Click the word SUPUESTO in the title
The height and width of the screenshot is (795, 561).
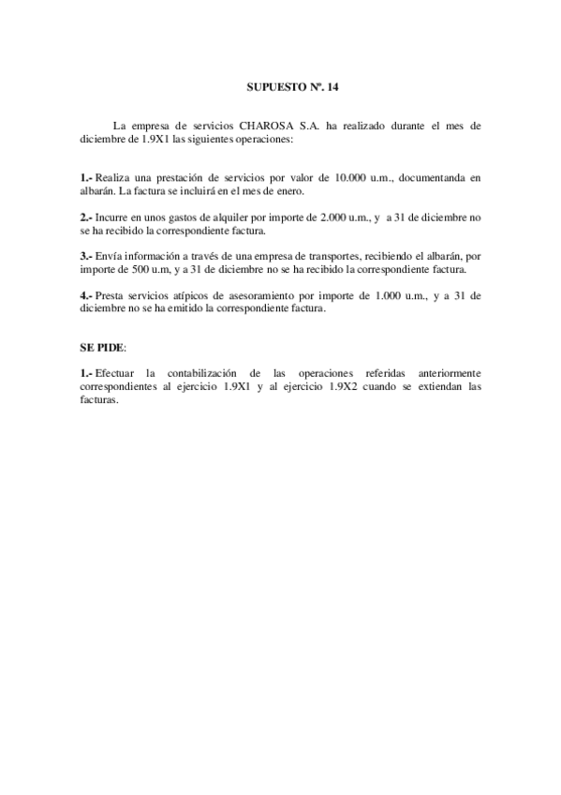click(266, 85)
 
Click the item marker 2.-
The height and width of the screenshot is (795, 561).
click(86, 217)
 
